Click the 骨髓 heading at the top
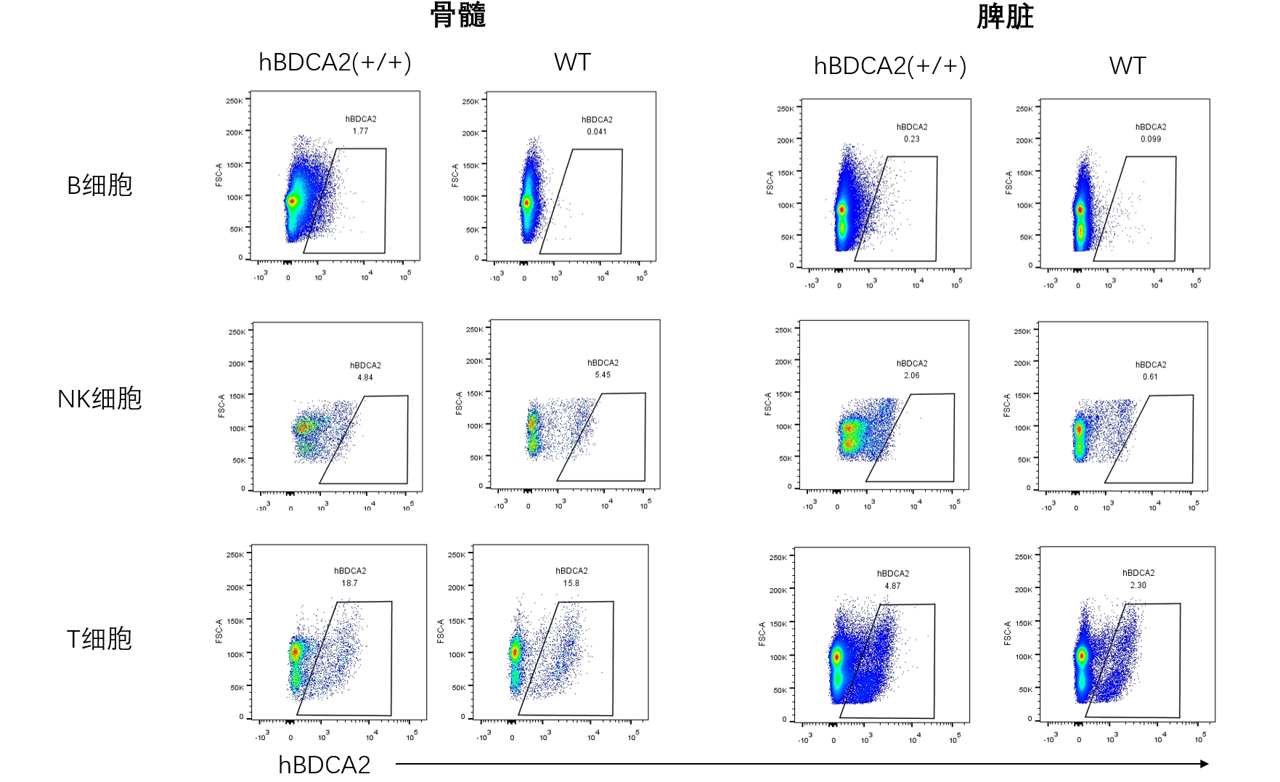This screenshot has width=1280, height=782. [x=457, y=15]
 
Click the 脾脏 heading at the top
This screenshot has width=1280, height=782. [x=1005, y=17]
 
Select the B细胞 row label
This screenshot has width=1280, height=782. [x=99, y=186]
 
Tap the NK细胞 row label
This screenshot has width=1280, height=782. [x=99, y=399]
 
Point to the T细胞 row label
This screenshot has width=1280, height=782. [x=99, y=639]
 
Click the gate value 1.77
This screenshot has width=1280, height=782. [x=361, y=131]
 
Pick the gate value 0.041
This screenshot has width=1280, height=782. [x=597, y=132]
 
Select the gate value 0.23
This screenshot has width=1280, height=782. [x=912, y=139]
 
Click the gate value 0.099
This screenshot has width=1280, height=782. [x=1151, y=139]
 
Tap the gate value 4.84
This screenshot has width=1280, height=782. [x=365, y=378]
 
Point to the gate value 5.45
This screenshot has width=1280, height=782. [x=603, y=375]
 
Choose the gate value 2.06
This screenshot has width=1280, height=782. [x=912, y=376]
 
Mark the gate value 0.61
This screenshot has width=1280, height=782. [x=1151, y=377]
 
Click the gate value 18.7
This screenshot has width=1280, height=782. [x=350, y=584]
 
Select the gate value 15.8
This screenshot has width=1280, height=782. [x=571, y=584]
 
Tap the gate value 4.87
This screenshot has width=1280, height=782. [x=892, y=586]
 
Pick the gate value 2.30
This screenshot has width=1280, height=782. [x=1138, y=585]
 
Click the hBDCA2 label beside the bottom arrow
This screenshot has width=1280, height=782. [x=325, y=765]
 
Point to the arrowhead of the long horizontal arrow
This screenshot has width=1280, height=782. [x=1204, y=764]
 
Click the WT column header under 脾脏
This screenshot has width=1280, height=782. [x=1128, y=66]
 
